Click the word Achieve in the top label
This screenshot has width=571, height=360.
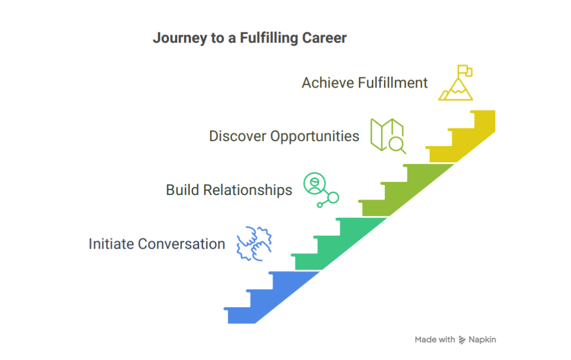[x=328, y=83]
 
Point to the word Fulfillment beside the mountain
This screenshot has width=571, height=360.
[x=393, y=83]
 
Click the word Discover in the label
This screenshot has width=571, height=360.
[x=238, y=136]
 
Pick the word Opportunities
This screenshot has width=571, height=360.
[x=314, y=137]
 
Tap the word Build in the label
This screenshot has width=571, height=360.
[x=182, y=190]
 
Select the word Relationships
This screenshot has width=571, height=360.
[x=248, y=191]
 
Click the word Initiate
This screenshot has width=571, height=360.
[x=111, y=244]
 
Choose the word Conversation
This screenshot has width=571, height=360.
[x=181, y=244]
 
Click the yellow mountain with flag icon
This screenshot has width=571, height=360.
[x=456, y=82]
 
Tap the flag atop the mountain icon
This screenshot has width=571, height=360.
[x=465, y=70]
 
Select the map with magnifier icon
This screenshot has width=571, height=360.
[x=388, y=136]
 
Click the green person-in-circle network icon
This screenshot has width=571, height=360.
[x=321, y=189]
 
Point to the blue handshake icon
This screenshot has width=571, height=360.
[x=254, y=244]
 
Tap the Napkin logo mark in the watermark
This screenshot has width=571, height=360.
[x=462, y=340]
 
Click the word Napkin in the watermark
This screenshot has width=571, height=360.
[x=482, y=339]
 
